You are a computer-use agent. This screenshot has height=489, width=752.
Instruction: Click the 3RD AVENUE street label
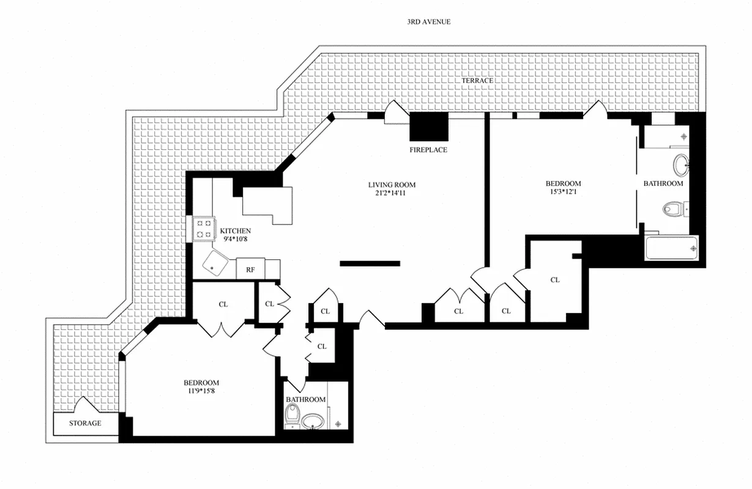(x=429, y=22)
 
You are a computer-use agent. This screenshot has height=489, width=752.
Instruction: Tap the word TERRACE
(x=477, y=81)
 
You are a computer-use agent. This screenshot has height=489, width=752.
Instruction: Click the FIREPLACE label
(x=428, y=150)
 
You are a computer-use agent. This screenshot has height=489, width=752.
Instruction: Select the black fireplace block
(x=428, y=127)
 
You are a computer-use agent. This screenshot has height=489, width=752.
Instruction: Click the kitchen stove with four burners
(x=203, y=229)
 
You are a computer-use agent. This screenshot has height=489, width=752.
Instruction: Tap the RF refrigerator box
(x=250, y=269)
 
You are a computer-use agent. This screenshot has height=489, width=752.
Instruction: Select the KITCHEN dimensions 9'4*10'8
(x=235, y=239)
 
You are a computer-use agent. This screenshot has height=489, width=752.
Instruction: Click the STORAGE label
(x=84, y=423)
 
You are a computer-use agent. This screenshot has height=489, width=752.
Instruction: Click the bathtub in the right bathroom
(x=672, y=248)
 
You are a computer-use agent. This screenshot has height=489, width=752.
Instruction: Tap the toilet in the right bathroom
(x=673, y=210)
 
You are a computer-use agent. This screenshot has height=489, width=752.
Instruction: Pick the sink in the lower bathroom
(x=315, y=421)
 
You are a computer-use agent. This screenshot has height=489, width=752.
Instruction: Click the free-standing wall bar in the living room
(x=370, y=263)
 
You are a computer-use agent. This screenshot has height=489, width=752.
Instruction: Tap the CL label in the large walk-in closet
(x=555, y=280)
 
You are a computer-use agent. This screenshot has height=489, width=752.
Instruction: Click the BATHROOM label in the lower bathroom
(x=305, y=400)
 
